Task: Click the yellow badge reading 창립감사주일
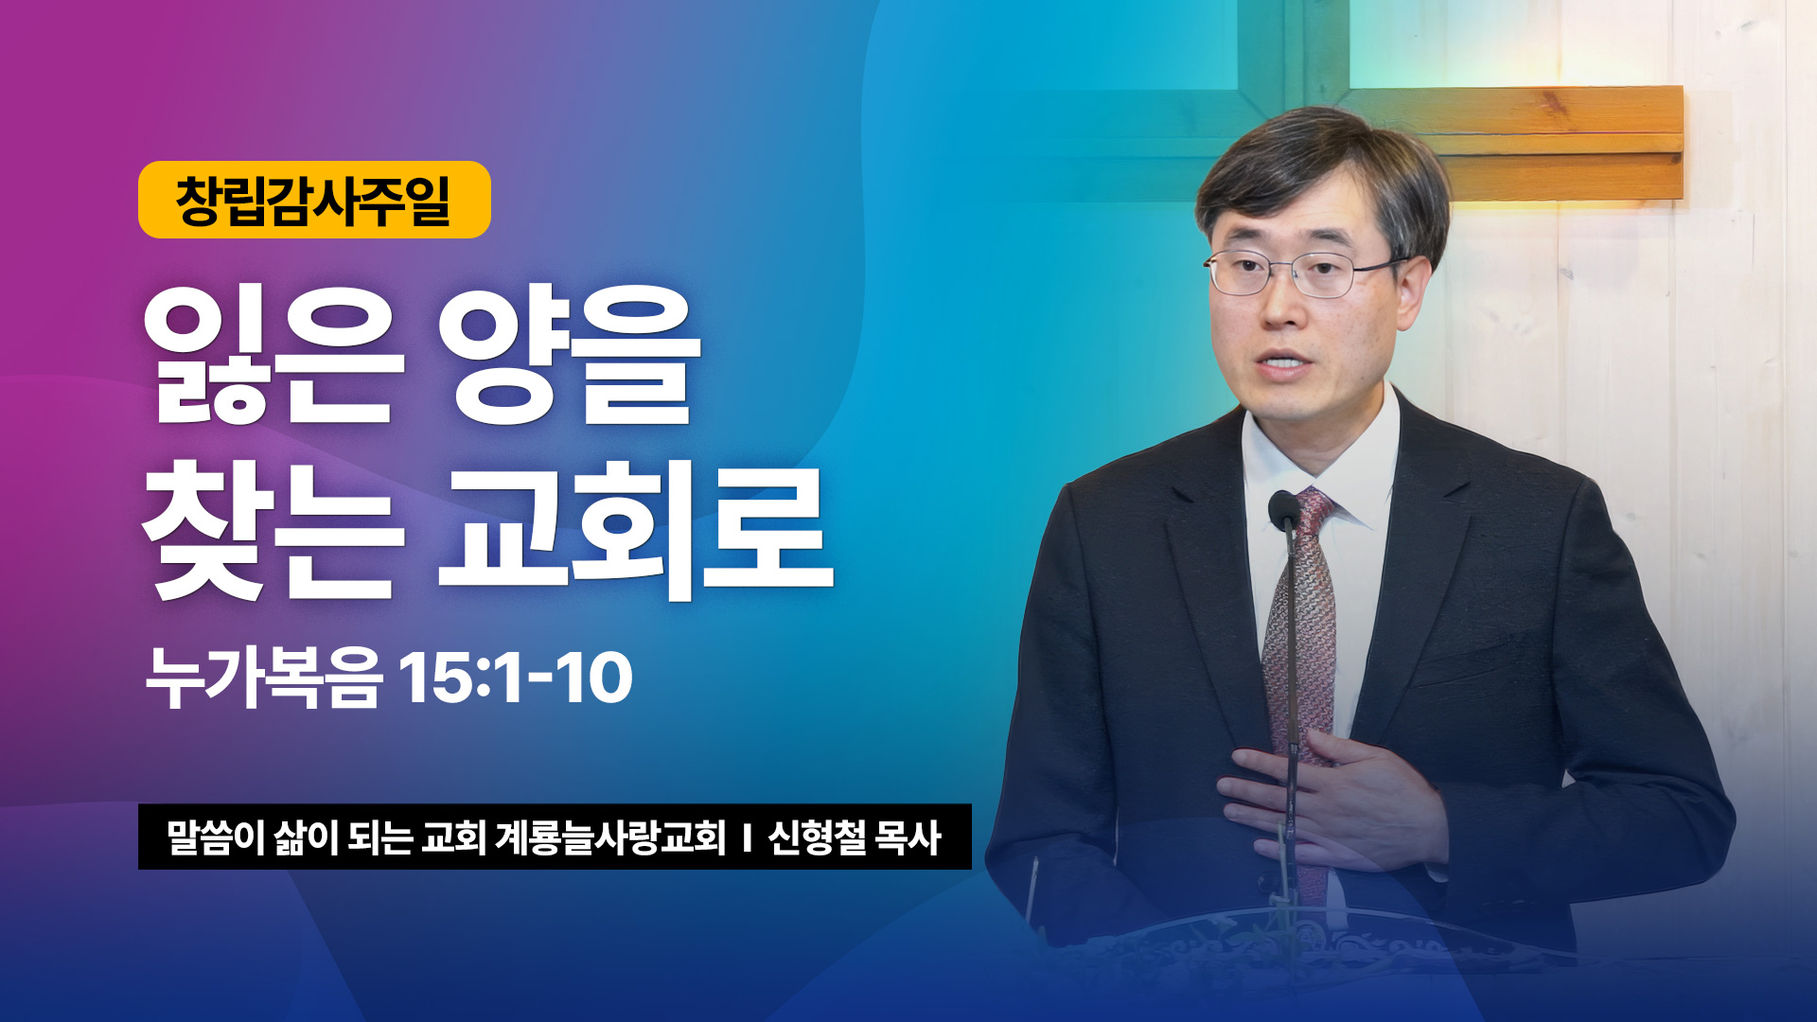pos(314,200)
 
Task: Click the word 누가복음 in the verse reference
pos(264,678)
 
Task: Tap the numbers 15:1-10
pos(516,678)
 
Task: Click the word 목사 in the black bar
pos(908,837)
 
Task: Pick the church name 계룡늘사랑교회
pos(610,837)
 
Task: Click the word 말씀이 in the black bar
pos(215,837)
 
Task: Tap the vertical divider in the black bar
pos(747,837)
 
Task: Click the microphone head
pos(1283,511)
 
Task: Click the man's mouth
pos(1284,363)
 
